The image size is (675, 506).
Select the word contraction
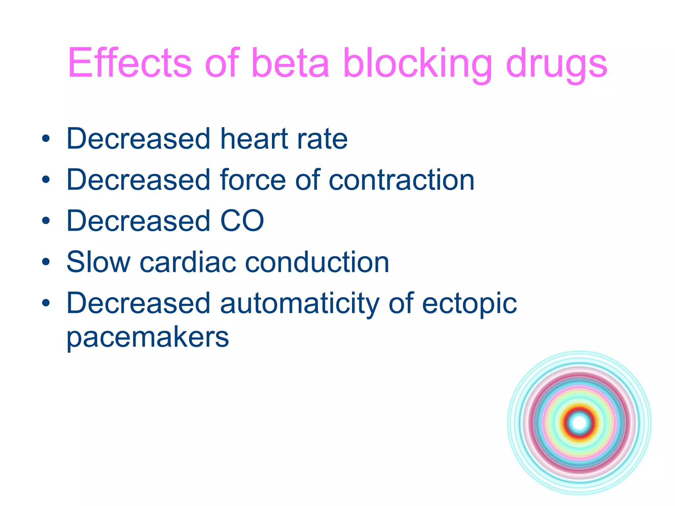(401, 180)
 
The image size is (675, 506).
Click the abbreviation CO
(242, 221)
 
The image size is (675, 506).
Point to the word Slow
(98, 262)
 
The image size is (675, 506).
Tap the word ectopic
(469, 304)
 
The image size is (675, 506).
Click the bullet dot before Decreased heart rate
(46, 139)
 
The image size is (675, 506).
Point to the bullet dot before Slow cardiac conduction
(46, 262)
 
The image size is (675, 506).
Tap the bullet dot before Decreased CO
(46, 221)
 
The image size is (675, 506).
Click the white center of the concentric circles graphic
(579, 423)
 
